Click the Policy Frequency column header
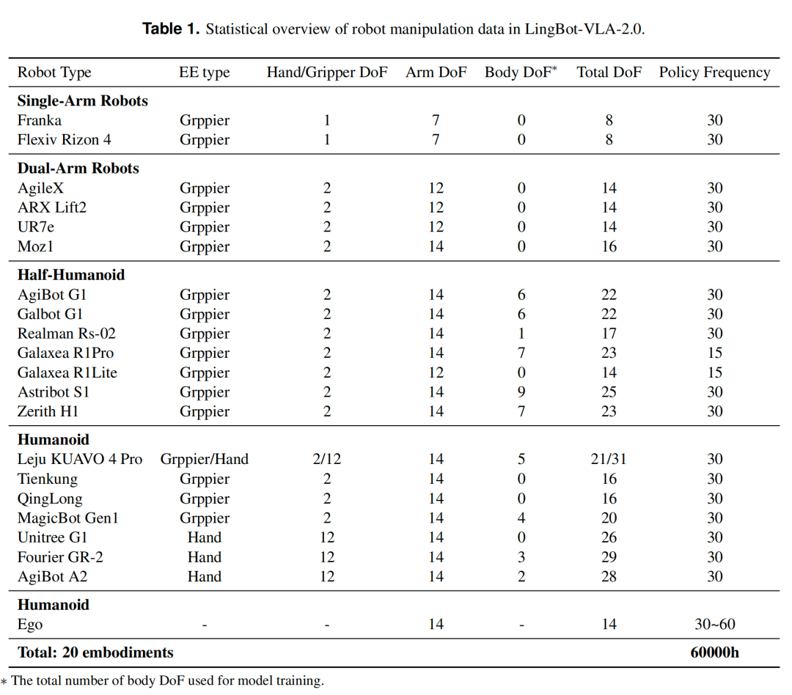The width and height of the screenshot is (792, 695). point(714,73)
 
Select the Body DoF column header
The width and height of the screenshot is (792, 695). point(520,73)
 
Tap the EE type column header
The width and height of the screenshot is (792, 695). point(204,73)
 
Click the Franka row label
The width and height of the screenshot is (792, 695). point(40,120)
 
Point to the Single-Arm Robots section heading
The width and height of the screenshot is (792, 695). point(82,100)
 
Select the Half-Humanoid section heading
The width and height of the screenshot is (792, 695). point(70,275)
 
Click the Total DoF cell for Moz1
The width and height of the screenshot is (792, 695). point(609,246)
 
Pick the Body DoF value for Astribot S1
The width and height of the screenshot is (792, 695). point(521,392)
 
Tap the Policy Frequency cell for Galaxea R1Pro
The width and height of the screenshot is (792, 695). point(714,353)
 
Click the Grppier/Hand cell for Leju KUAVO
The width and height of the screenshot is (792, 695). point(204,459)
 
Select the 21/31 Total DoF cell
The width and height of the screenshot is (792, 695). point(609,459)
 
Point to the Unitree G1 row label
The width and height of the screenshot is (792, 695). point(52,537)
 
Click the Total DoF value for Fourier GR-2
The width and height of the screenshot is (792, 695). point(609,557)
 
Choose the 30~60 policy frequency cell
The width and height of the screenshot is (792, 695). point(714,625)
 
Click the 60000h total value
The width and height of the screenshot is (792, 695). point(714,652)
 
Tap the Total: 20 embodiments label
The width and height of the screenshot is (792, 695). point(95,652)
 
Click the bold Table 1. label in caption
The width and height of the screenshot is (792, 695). point(171,29)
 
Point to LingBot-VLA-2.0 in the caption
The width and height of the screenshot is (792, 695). point(584,29)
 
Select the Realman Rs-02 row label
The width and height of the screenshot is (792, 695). point(66,334)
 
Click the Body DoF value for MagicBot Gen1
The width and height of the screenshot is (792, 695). point(521,518)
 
